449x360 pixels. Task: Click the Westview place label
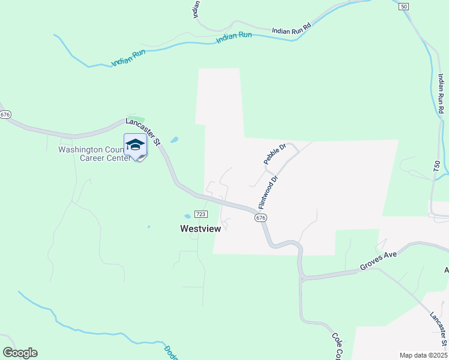pyautogui.click(x=201, y=229)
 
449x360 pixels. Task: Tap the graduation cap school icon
pyautogui.click(x=135, y=146)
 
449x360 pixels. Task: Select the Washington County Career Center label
pyautogui.click(x=94, y=154)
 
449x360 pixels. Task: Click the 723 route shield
pyautogui.click(x=201, y=214)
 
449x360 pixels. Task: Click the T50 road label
pyautogui.click(x=437, y=170)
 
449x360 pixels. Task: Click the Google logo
pyautogui.click(x=20, y=352)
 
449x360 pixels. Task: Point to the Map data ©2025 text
pyautogui.click(x=423, y=355)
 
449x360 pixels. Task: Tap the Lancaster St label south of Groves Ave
pyautogui.click(x=439, y=327)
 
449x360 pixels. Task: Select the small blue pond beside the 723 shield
pyautogui.click(x=188, y=216)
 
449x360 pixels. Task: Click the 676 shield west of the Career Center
pyautogui.click(x=5, y=114)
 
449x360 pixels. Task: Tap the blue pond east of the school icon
pyautogui.click(x=174, y=140)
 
